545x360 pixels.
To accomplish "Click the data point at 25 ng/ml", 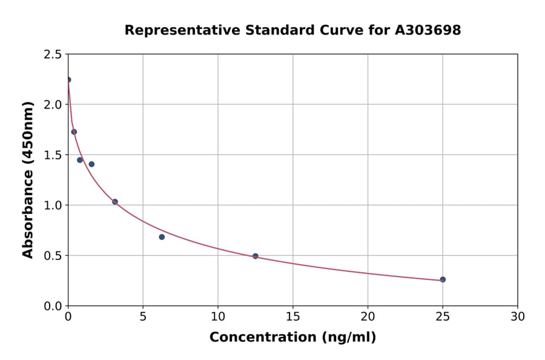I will pos(443,279).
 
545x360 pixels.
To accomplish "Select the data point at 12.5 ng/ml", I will pos(256,256).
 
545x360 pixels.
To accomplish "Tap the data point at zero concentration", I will pos(68,80).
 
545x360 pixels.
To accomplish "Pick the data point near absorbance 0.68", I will pos(162,237).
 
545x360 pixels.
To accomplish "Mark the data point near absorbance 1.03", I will pos(115,202).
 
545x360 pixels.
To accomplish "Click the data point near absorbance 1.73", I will pos(74,132).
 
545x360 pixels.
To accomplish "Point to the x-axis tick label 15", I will pos(292,316).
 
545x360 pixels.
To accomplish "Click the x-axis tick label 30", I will pos(518,316).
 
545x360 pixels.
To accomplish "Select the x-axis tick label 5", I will pos(143,316).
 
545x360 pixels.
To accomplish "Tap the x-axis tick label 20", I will pos(368,316).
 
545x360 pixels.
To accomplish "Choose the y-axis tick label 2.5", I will pos(53,55).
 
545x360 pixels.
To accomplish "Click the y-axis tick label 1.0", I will pos(53,205).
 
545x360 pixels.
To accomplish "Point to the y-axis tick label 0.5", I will pos(53,256).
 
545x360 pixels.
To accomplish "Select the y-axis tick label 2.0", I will pos(53,105).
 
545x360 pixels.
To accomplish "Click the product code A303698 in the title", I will pos(428,30).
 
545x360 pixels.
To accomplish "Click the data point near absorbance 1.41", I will pos(91,164).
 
